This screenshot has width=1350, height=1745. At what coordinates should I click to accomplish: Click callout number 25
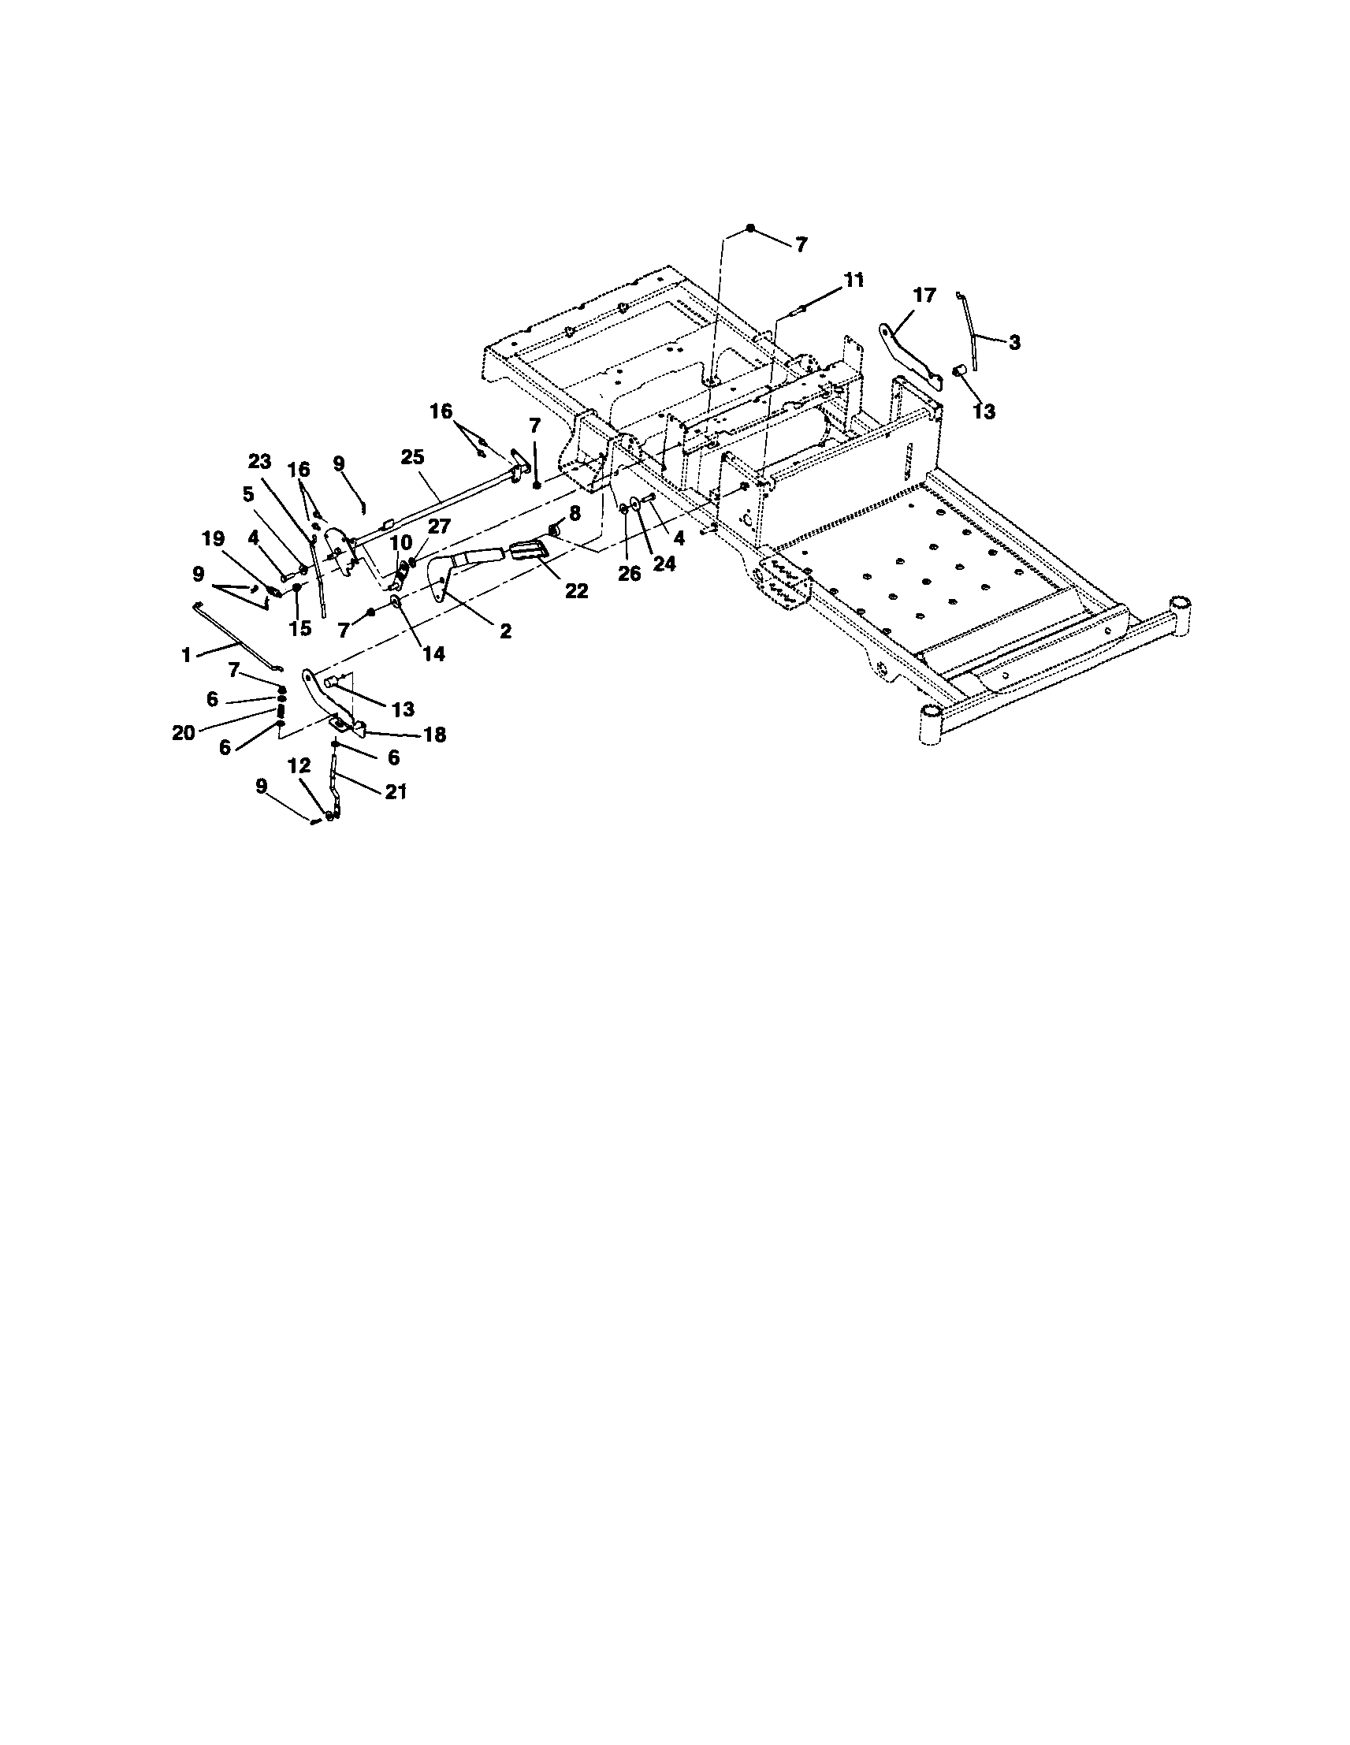pyautogui.click(x=413, y=457)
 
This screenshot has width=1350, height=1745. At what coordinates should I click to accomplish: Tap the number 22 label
pyautogui.click(x=576, y=591)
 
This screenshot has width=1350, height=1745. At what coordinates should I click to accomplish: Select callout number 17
pyautogui.click(x=924, y=296)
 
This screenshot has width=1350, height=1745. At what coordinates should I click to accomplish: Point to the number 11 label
pyautogui.click(x=854, y=281)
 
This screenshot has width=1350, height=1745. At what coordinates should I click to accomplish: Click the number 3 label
pyautogui.click(x=1013, y=343)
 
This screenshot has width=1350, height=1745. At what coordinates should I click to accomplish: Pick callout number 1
pyautogui.click(x=186, y=656)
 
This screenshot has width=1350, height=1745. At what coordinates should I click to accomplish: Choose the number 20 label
pyautogui.click(x=184, y=732)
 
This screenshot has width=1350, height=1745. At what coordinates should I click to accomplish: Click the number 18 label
pyautogui.click(x=434, y=735)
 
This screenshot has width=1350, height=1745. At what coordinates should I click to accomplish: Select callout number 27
pyautogui.click(x=439, y=526)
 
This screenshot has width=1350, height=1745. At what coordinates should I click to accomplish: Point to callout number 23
pyautogui.click(x=259, y=462)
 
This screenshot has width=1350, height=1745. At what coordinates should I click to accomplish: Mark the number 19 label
pyautogui.click(x=214, y=538)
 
